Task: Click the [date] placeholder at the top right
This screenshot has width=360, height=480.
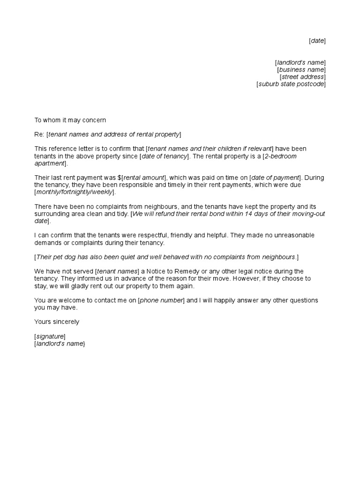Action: click(317, 41)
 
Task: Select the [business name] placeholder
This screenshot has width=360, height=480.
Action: click(301, 70)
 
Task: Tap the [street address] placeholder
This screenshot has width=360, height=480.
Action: click(302, 77)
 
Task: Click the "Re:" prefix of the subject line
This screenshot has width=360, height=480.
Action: click(39, 135)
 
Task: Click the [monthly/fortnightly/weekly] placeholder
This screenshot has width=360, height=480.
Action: click(75, 192)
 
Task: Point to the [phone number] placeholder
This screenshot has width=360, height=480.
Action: click(161, 300)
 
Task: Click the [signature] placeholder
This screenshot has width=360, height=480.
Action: click(50, 336)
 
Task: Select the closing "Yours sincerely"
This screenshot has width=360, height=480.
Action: click(57, 322)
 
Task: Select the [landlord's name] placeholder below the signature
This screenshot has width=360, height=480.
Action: click(60, 344)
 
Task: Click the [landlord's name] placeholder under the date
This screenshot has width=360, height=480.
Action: click(300, 63)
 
